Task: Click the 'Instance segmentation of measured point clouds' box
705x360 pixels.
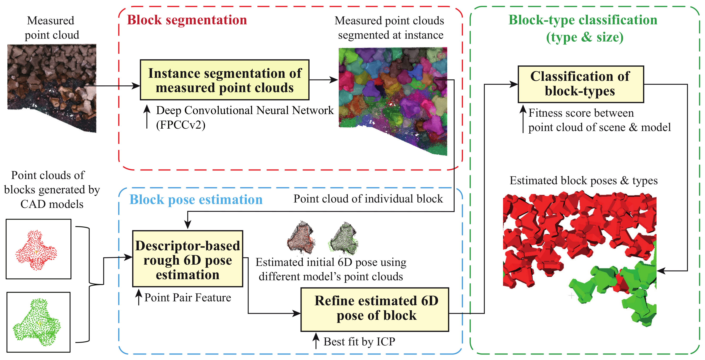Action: (224, 80)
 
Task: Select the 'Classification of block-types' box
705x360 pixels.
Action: (580, 84)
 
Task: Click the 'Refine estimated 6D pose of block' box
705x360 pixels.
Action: (375, 309)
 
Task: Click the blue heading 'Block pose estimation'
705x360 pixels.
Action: (196, 200)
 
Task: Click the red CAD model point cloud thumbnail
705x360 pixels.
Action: (38, 249)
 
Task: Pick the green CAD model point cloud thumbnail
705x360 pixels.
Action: (38, 322)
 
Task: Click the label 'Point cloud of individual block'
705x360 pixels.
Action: (368, 199)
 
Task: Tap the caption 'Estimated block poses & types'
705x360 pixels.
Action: (583, 181)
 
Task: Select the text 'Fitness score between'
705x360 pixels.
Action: (581, 113)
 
